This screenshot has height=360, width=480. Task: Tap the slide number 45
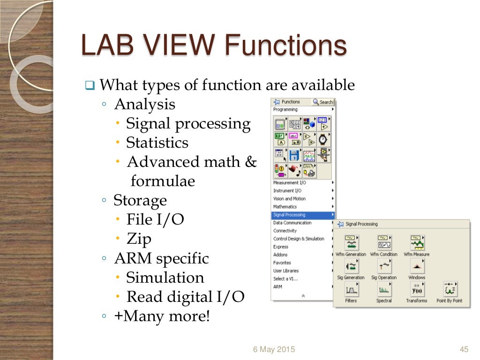pyautogui.click(x=465, y=349)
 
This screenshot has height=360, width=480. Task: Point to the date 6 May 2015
pyautogui.click(x=274, y=349)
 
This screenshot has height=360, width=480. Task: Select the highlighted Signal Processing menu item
pyautogui.click(x=289, y=215)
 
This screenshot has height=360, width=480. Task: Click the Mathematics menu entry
pyautogui.click(x=285, y=207)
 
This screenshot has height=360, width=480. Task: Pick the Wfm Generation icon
pyautogui.click(x=351, y=243)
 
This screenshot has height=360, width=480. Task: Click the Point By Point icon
pyautogui.click(x=449, y=290)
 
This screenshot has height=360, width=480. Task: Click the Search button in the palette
pyautogui.click(x=323, y=102)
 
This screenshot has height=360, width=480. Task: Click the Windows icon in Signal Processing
pyautogui.click(x=416, y=266)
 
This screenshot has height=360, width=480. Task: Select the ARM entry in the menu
pyautogui.click(x=278, y=287)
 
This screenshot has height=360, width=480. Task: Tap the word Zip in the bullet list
pyautogui.click(x=139, y=239)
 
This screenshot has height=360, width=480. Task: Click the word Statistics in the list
pyautogui.click(x=157, y=143)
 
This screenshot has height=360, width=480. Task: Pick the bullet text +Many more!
pyautogui.click(x=162, y=316)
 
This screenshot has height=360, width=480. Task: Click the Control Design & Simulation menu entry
pyautogui.click(x=299, y=239)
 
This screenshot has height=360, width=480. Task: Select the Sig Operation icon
pyautogui.click(x=384, y=266)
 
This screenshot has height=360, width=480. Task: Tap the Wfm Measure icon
pyautogui.click(x=416, y=243)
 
